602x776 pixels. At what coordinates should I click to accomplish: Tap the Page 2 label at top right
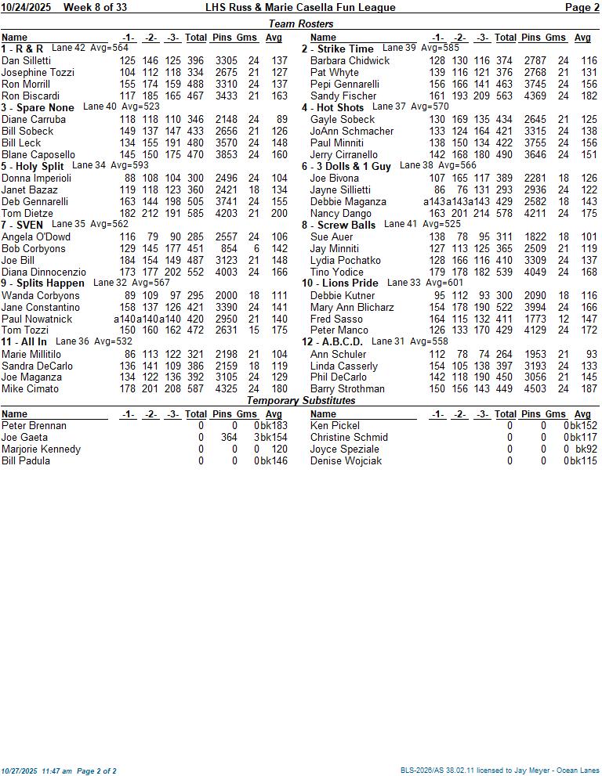pos(582,7)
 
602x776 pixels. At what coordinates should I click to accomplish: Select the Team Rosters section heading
pos(300,24)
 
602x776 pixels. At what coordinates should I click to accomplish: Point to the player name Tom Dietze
pos(27,213)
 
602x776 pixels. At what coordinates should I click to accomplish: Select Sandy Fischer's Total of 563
pos(505,96)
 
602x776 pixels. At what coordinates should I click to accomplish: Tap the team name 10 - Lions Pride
pos(340,283)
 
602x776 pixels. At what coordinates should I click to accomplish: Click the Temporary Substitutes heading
pos(300,400)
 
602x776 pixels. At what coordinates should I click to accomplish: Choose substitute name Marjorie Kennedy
pos(41,449)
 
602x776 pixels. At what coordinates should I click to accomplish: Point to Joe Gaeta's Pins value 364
pos(229,437)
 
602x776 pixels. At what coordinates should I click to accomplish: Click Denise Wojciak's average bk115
pos(583,460)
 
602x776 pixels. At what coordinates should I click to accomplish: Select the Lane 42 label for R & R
pos(68,48)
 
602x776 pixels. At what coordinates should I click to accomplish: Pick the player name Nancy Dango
pos(341,213)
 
